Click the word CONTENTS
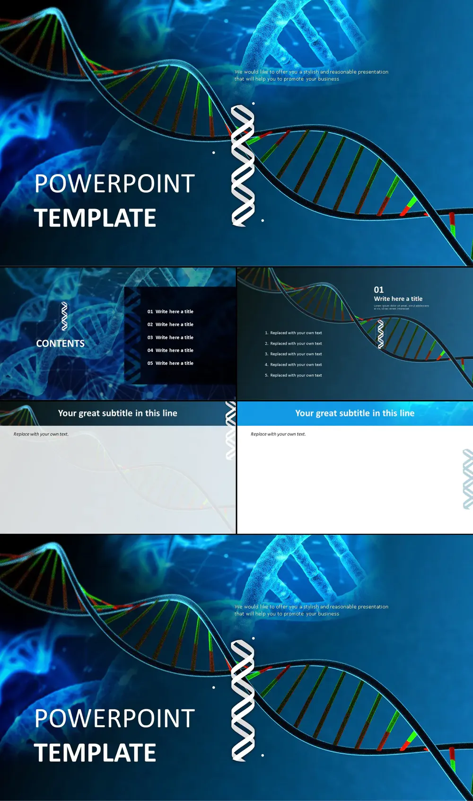click(61, 343)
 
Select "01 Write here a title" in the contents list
click(170, 312)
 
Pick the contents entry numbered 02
click(170, 325)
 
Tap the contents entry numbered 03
click(170, 337)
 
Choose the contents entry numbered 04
click(170, 350)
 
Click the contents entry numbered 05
click(170, 363)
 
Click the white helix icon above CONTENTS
click(64, 316)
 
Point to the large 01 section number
click(379, 290)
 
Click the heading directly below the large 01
click(398, 299)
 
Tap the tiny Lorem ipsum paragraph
click(401, 307)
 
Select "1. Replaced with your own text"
click(293, 333)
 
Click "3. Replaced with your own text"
click(293, 354)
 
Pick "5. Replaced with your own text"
click(293, 375)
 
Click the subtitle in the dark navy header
click(118, 413)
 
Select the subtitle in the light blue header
click(355, 413)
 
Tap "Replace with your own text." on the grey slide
click(41, 434)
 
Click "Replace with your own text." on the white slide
click(278, 434)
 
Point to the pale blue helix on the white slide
click(467, 479)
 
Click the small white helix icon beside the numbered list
click(381, 334)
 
